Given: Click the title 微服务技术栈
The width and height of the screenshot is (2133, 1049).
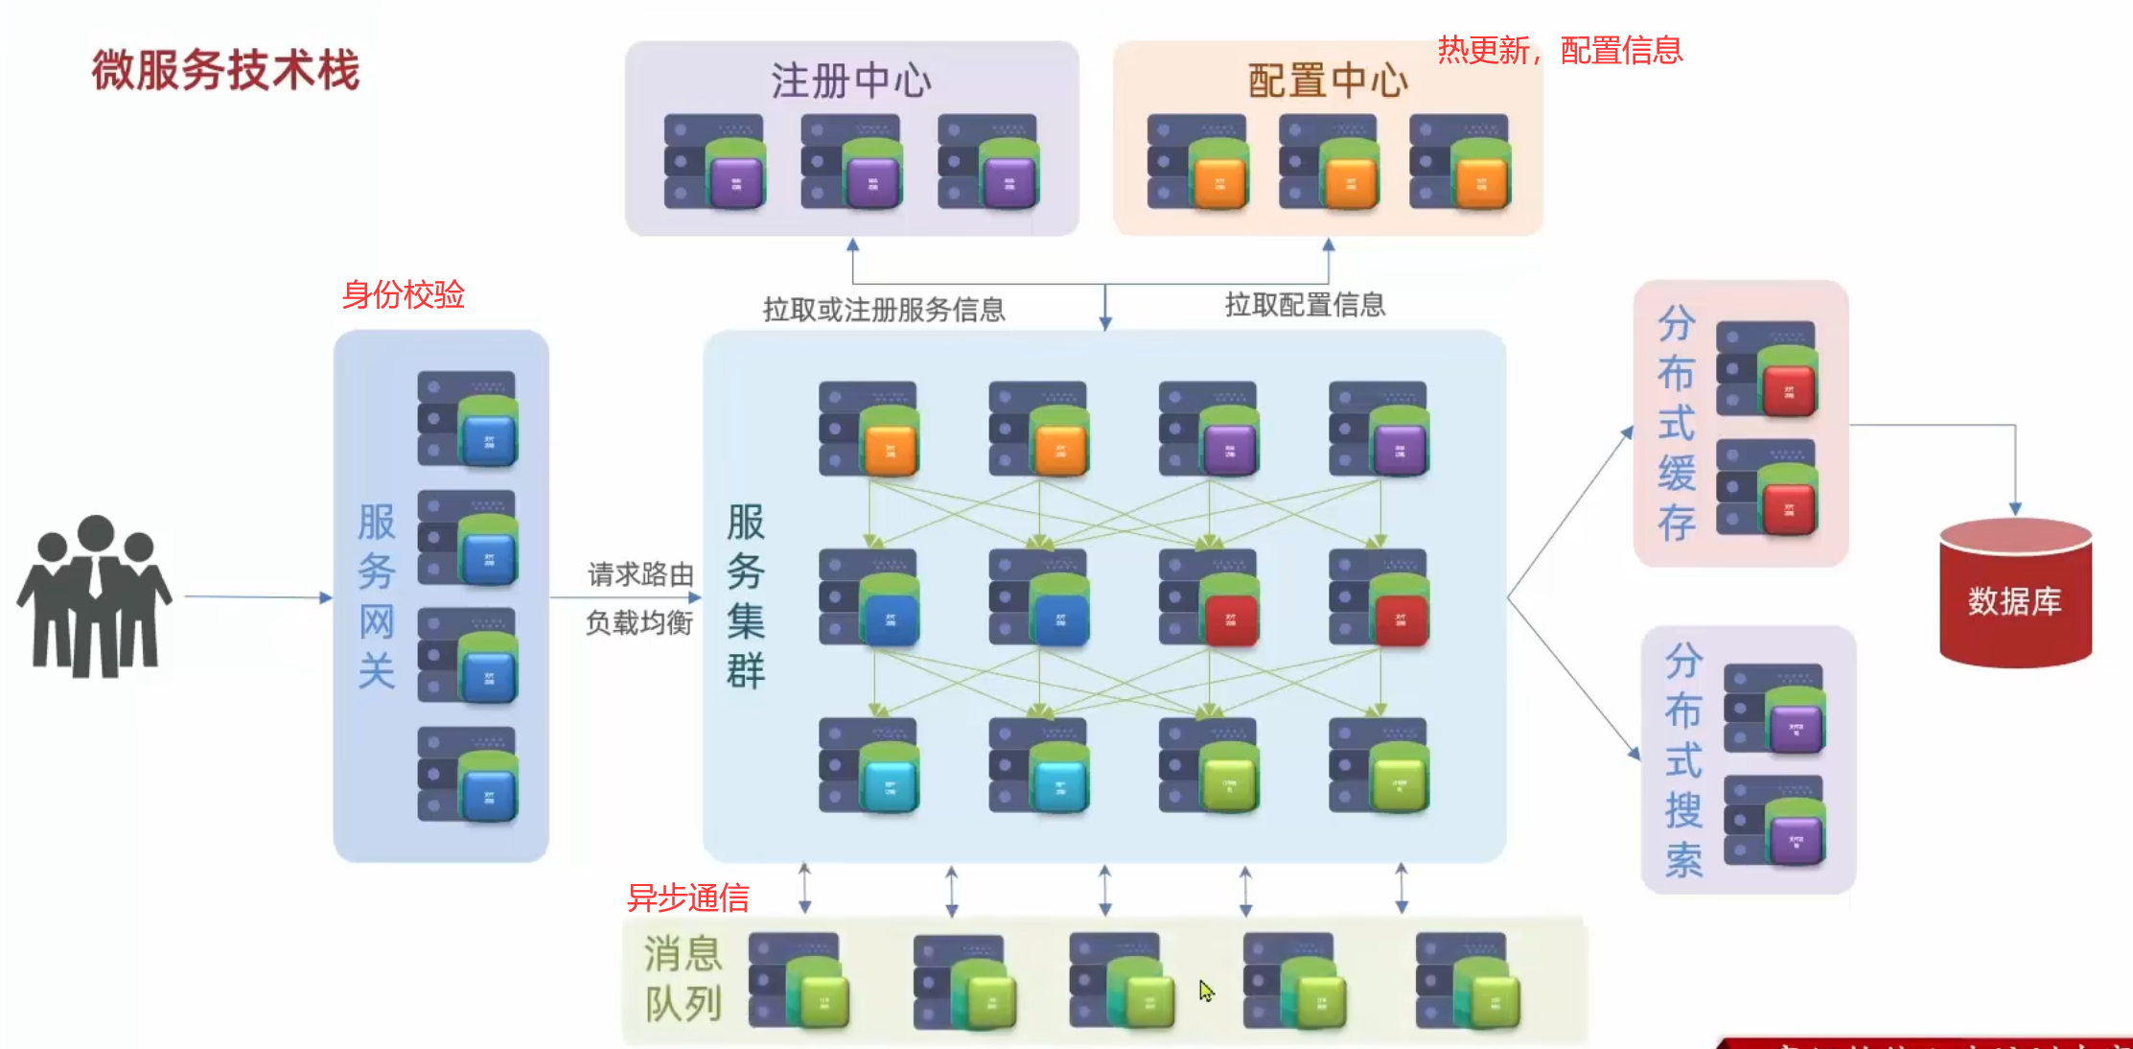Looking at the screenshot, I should click(x=225, y=70).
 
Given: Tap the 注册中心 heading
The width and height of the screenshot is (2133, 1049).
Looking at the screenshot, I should click(x=850, y=81).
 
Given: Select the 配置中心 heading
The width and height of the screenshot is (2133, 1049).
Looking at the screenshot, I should click(x=1327, y=81).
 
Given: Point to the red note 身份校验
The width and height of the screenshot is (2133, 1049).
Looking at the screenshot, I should click(x=403, y=294).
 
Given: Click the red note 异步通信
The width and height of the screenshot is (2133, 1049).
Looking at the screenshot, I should click(x=687, y=897).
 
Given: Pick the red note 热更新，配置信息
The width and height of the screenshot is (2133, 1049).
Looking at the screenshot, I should click(x=1560, y=50).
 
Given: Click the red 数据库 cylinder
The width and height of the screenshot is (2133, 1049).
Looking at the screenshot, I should click(x=2015, y=594).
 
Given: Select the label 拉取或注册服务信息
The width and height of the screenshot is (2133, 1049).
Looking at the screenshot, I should click(x=883, y=309).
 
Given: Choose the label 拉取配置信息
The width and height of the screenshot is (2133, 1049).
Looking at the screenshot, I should click(x=1305, y=305).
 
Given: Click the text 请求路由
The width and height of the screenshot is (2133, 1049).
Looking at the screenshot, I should click(x=640, y=574).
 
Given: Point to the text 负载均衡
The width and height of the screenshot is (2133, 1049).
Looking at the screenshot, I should click(x=639, y=623).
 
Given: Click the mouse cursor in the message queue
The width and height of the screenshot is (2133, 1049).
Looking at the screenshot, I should click(x=1206, y=991).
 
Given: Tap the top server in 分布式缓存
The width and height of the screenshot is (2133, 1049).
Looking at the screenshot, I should click(x=1767, y=369).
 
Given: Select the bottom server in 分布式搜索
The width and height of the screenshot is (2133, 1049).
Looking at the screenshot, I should click(x=1774, y=821).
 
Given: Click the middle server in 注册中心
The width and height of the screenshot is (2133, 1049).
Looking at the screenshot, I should click(x=852, y=162).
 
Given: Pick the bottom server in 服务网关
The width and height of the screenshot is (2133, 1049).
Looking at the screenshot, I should click(x=468, y=775).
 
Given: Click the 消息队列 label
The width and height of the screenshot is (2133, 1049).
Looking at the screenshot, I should click(x=683, y=979).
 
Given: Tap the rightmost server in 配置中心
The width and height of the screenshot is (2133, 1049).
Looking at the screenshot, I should click(x=1460, y=162).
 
